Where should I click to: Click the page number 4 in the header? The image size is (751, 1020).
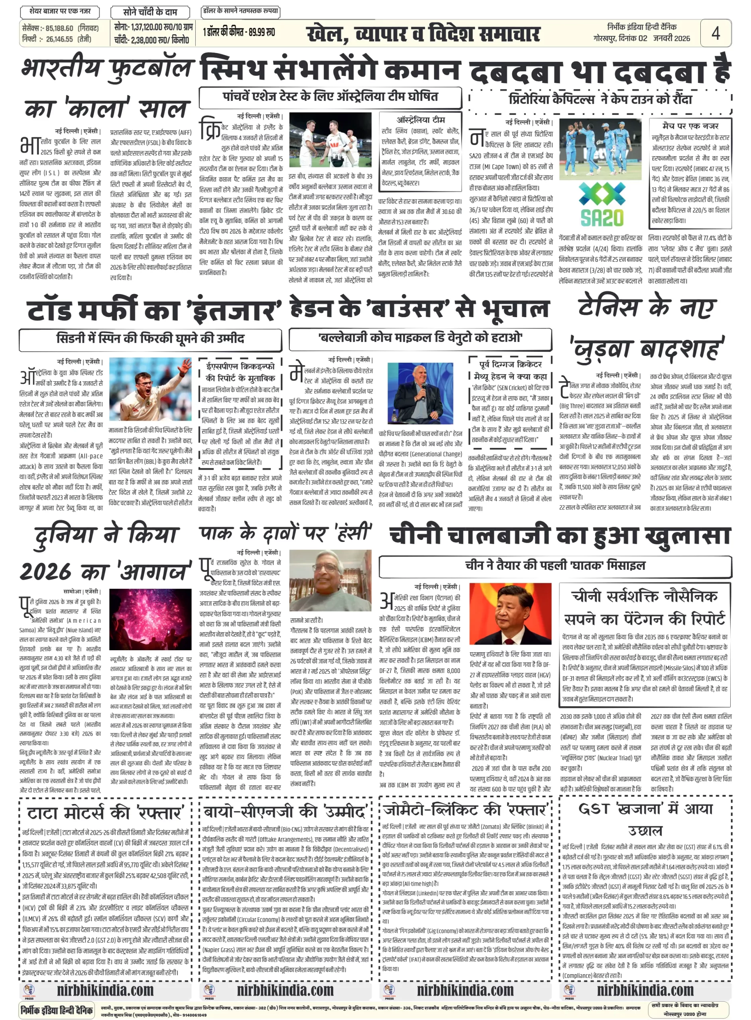pos(715,33)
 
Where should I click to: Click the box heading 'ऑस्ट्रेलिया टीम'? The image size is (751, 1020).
pos(421,120)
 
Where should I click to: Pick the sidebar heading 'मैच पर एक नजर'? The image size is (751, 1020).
pos(690,126)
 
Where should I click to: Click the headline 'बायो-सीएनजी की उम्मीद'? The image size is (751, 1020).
pos(285,812)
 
